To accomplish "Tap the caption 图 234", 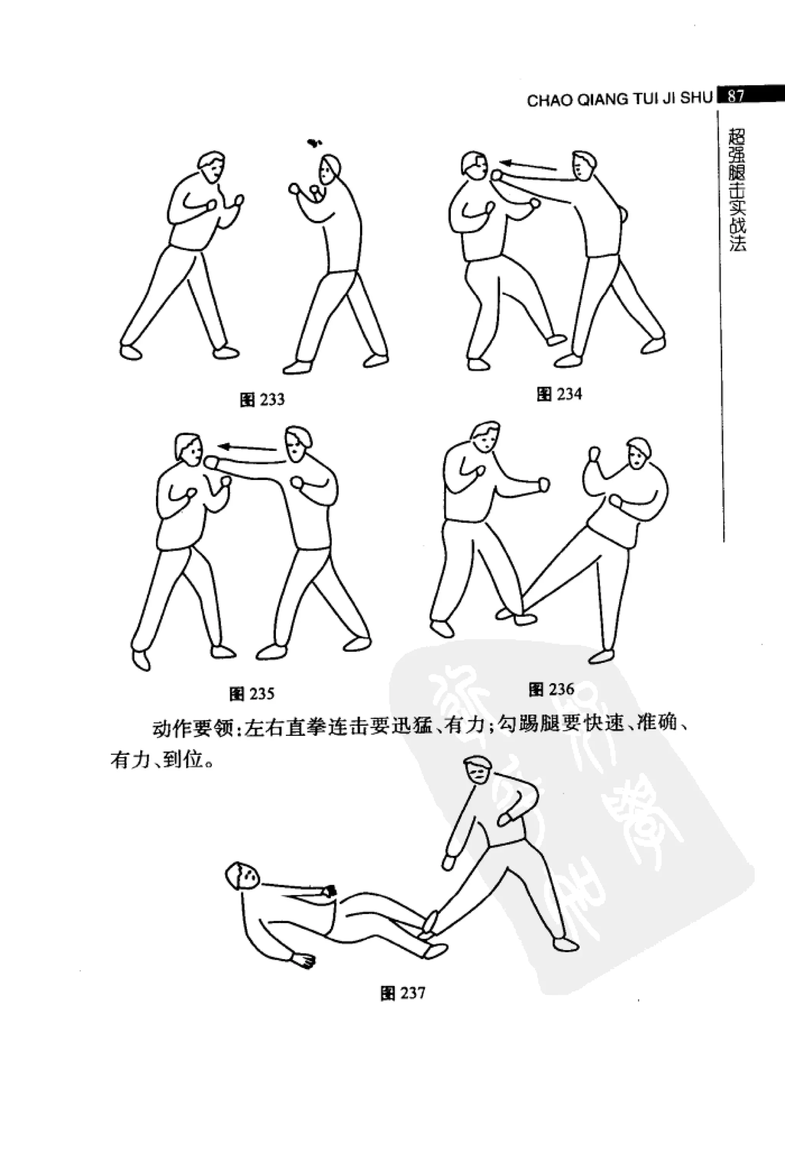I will pos(559,394).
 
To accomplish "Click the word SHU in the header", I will pos(696,98).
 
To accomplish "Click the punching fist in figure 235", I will pos(212,462).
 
